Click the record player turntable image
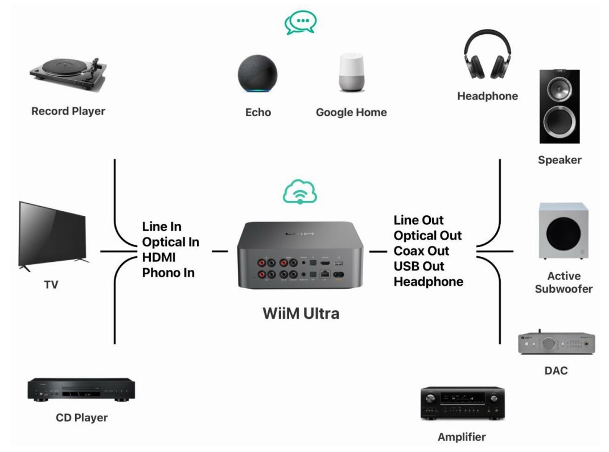pos(68,75)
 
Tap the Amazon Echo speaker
pos(258,74)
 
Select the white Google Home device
pos(352,73)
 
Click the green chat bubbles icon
pos(301,22)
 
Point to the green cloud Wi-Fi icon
pos(300,192)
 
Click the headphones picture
pos(487,55)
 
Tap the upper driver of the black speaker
pos(559,89)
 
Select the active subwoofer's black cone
pos(563,234)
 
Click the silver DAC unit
pos(557,343)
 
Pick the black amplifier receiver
pos(463,404)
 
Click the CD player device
pos(81,390)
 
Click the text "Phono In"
pos(168,273)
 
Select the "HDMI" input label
pos(159,257)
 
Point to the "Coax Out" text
pos(421,251)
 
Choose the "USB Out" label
pos(419,266)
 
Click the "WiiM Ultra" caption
pos(301,313)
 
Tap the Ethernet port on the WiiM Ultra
pos(324,274)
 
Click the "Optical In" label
pos(171,243)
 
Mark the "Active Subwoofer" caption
pos(563,282)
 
